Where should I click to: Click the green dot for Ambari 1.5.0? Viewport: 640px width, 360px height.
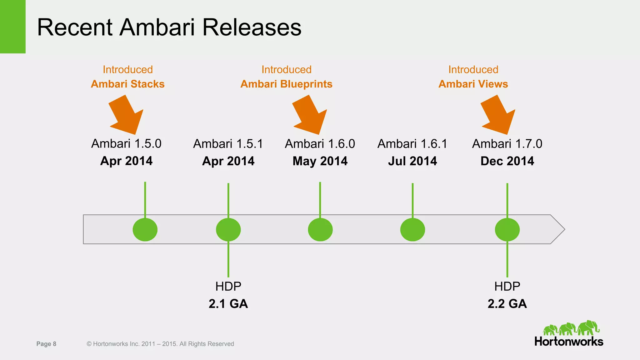tap(145, 230)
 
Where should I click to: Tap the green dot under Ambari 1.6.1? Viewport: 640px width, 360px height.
tap(412, 230)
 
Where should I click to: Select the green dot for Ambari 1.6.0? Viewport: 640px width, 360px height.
tap(320, 230)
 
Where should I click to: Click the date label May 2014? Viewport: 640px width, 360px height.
tap(320, 161)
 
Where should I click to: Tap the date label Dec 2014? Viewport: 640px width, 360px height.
tap(507, 161)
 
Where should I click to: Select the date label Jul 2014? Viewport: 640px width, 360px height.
tap(412, 161)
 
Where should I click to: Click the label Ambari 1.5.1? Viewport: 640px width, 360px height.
tap(228, 144)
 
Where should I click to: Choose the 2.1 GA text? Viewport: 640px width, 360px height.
tap(228, 304)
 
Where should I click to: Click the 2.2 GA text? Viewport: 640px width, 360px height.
tap(507, 304)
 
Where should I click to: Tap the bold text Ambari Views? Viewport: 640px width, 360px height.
tap(473, 84)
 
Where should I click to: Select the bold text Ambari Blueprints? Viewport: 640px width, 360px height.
tap(286, 84)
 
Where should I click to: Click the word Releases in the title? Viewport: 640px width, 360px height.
tap(252, 27)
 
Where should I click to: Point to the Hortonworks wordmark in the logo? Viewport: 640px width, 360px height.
tap(569, 342)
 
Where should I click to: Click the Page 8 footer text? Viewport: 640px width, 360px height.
tap(46, 344)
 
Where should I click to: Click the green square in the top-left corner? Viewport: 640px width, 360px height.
tap(12, 27)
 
